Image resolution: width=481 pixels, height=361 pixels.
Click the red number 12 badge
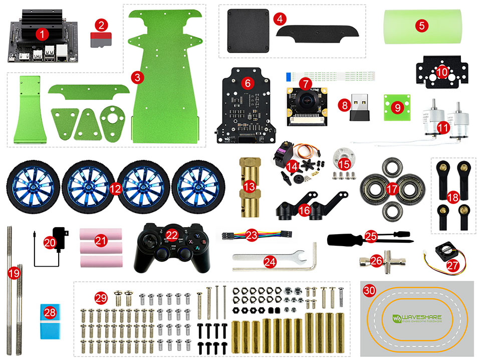[x=115, y=189]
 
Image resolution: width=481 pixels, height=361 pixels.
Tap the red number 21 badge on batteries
[x=101, y=241]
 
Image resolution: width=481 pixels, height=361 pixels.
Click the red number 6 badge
[x=247, y=81]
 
